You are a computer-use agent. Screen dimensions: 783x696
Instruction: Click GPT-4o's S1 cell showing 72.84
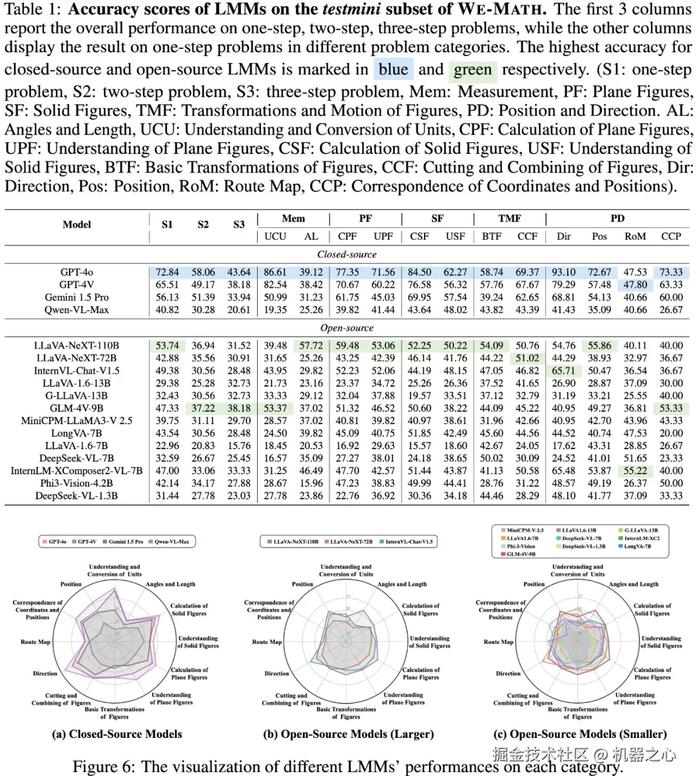(167, 272)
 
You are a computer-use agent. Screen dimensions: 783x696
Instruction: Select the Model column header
(77, 224)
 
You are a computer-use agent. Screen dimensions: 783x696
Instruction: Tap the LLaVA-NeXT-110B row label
(77, 345)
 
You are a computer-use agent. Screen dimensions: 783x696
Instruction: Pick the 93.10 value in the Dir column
(563, 272)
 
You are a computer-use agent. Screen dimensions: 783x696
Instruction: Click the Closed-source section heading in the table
(347, 255)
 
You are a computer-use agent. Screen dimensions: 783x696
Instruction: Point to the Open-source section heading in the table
(347, 328)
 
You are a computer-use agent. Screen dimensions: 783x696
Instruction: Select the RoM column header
(635, 237)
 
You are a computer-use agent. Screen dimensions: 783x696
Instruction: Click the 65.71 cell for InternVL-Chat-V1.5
(563, 371)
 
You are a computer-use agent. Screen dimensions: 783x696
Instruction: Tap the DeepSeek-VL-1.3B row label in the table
(77, 496)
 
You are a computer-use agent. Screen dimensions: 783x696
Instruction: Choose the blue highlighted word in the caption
(393, 70)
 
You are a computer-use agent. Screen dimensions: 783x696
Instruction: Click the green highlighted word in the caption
(472, 70)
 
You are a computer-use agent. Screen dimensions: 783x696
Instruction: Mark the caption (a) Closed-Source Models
(117, 734)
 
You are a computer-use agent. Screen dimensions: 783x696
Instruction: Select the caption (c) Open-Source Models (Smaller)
(579, 734)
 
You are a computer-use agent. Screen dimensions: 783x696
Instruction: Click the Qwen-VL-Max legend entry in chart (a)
(171, 542)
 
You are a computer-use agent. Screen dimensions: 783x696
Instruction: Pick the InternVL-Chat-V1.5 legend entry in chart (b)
(409, 542)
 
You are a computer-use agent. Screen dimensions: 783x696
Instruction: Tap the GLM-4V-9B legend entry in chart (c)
(521, 554)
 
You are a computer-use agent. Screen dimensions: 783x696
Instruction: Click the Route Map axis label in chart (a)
(35, 642)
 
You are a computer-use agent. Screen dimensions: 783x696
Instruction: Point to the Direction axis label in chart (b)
(276, 673)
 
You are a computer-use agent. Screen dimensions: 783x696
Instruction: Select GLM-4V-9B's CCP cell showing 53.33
(671, 408)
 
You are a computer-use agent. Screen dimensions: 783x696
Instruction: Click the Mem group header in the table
(293, 218)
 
